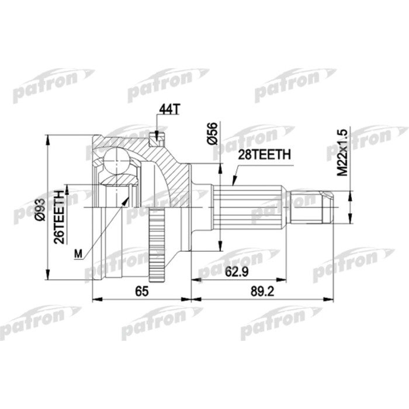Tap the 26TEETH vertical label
coord(58,217)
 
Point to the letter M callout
coord(78,252)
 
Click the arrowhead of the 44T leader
coord(157,136)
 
